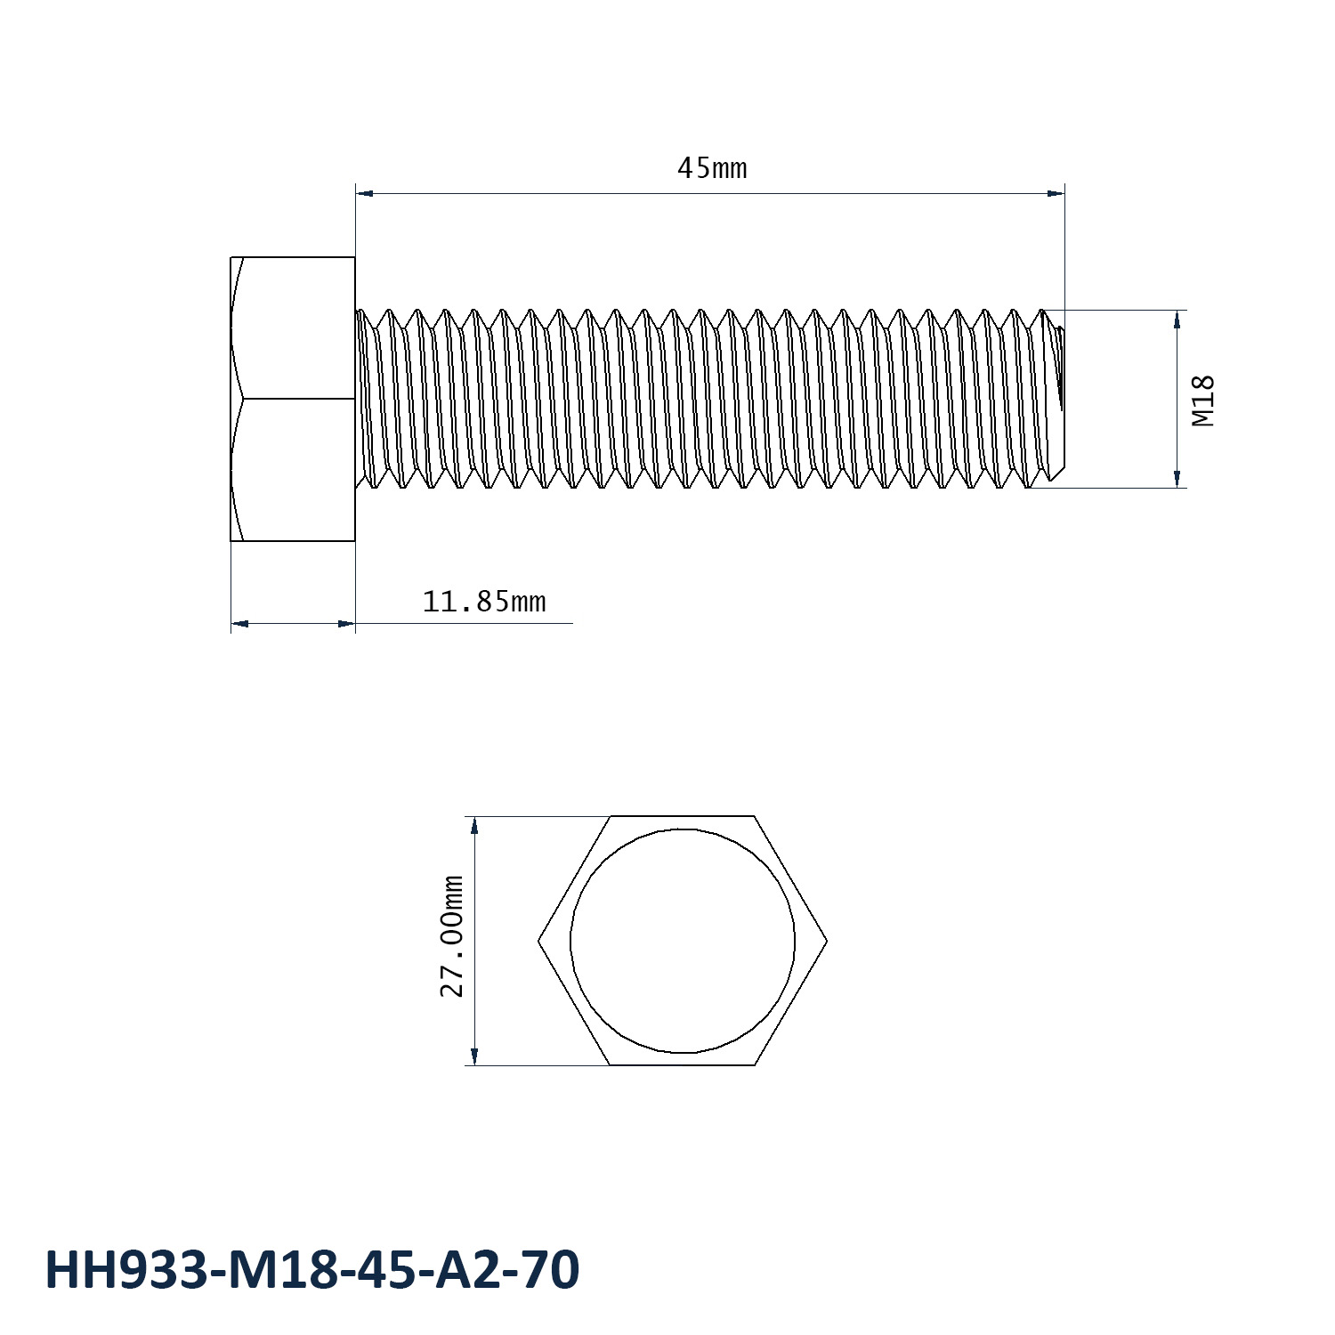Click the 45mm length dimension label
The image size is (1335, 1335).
712,167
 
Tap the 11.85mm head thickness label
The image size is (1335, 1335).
483,603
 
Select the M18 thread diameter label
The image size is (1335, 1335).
1203,400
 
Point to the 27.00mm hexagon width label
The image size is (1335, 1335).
453,935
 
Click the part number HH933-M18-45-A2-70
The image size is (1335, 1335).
312,1269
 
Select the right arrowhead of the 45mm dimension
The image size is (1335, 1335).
1056,192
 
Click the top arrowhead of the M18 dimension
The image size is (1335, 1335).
1177,318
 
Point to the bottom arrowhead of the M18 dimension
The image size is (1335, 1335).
1177,479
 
